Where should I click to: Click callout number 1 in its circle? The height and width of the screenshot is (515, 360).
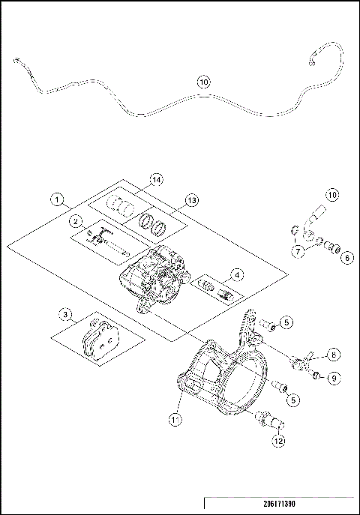click(55, 200)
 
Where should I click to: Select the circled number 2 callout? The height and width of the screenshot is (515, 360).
click(76, 221)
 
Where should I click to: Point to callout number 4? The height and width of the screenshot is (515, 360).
click(236, 274)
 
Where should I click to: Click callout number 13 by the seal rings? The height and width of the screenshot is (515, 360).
click(192, 201)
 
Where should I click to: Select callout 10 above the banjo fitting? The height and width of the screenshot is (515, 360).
click(332, 195)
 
